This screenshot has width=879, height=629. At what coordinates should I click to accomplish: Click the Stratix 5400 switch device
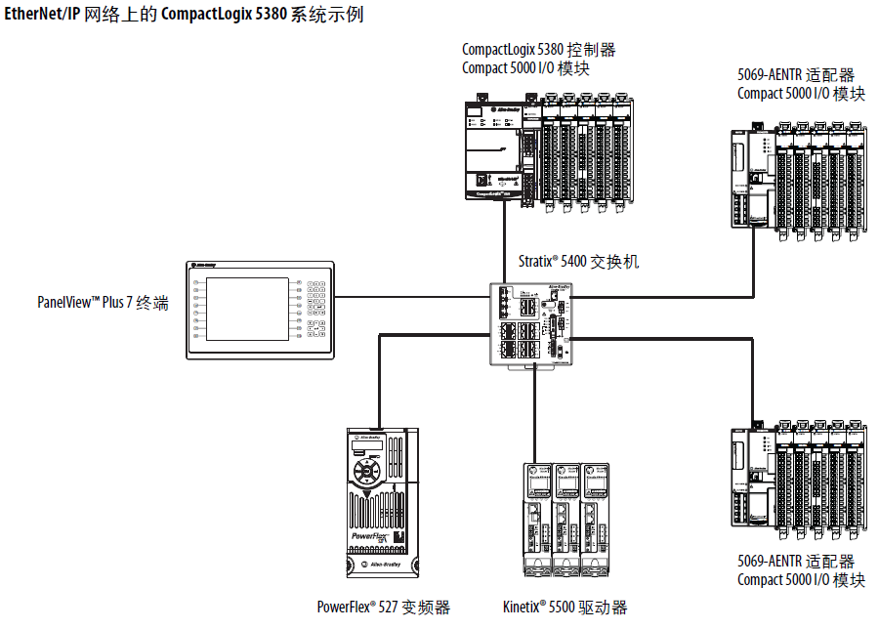click(531, 324)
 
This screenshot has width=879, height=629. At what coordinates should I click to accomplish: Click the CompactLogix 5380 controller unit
click(494, 148)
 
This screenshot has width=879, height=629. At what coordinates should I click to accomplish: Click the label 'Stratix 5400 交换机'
click(578, 263)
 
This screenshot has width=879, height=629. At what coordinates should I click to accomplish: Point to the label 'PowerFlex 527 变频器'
click(383, 607)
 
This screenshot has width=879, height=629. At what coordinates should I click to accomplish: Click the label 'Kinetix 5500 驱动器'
click(565, 607)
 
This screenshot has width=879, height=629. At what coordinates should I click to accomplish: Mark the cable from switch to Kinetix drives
click(534, 410)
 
